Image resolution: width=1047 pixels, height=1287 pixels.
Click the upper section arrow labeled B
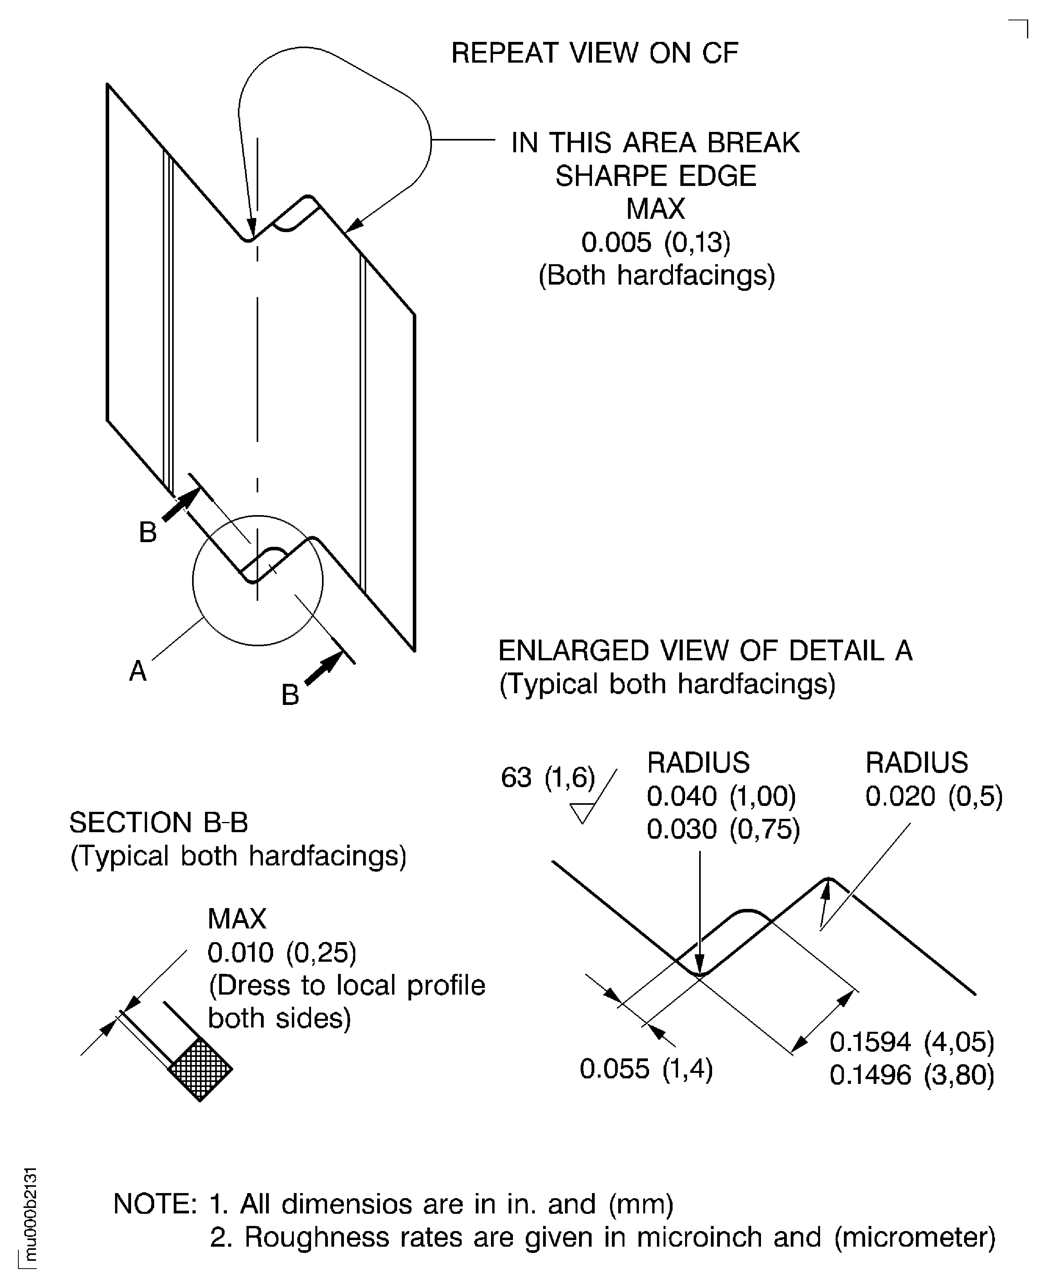180,505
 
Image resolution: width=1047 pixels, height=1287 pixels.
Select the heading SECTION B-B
158,822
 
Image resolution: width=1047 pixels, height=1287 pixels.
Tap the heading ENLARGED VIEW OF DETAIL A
705,651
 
